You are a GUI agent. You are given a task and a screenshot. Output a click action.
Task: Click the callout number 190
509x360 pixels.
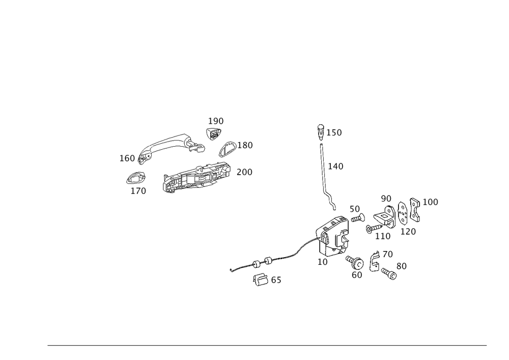[x=216, y=121]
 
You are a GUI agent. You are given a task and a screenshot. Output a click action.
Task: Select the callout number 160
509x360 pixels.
[x=127, y=158]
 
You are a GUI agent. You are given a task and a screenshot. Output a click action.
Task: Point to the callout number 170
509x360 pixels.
[x=138, y=191]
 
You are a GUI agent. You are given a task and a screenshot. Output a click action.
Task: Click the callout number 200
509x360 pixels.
[x=244, y=172]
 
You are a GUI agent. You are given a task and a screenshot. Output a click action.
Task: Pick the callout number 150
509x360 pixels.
[x=334, y=132]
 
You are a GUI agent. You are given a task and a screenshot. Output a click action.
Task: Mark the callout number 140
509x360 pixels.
[x=336, y=166]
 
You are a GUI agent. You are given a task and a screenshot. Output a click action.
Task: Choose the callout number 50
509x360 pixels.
[x=355, y=209]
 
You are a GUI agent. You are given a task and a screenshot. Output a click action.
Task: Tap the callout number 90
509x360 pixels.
[x=386, y=198]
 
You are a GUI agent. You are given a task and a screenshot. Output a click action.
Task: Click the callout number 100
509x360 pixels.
[x=431, y=202]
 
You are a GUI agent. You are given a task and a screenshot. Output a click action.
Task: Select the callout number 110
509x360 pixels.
[x=383, y=236]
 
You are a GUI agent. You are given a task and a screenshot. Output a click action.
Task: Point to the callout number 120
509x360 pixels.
[x=409, y=231]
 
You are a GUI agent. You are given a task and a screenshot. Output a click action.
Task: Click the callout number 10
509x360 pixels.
[x=323, y=262]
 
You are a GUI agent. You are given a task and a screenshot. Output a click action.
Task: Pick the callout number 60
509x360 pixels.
[x=357, y=275]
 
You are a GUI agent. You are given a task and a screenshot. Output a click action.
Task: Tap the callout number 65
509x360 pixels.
[x=276, y=281]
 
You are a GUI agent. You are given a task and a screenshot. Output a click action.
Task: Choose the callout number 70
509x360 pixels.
[x=388, y=254]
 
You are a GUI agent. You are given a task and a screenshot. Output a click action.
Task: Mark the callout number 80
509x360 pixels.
[x=401, y=266]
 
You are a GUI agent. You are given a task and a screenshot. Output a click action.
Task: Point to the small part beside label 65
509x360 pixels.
[x=261, y=279]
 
